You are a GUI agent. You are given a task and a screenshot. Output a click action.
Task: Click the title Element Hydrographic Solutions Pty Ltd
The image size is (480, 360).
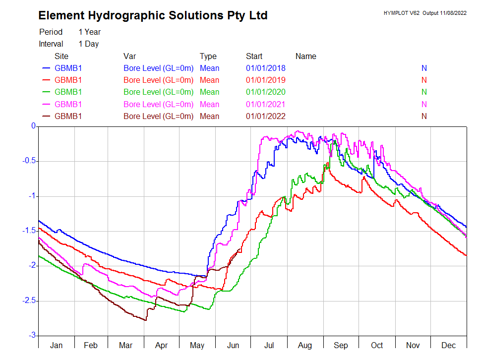point(153,16)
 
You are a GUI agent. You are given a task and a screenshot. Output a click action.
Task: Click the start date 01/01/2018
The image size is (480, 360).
point(266,68)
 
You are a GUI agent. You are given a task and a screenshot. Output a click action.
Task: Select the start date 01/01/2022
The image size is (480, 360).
point(266,117)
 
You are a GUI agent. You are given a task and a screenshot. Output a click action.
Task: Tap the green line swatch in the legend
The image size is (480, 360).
point(47,92)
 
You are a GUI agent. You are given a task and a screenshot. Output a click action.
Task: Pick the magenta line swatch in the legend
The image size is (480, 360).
point(47,105)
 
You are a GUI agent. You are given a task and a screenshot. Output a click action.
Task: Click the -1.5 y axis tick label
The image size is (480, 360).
point(29,231)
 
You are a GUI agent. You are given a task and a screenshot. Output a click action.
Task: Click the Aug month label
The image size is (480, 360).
point(305,345)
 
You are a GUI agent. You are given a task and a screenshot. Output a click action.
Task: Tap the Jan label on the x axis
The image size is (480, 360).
point(57,345)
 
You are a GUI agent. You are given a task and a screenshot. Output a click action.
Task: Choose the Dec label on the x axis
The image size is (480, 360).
point(449,345)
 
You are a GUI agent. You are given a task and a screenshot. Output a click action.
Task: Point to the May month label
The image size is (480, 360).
point(198,345)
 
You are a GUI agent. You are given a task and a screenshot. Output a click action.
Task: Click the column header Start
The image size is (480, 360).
point(254,56)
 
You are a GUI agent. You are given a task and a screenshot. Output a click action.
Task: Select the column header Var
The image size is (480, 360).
point(129,56)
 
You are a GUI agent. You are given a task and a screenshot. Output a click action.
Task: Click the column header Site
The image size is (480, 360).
point(61,56)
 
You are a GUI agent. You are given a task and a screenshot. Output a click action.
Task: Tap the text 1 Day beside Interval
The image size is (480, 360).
point(89,44)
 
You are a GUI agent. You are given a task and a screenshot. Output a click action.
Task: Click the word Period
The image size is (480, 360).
point(51,32)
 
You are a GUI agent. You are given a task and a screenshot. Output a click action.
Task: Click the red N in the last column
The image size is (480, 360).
point(424,80)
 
